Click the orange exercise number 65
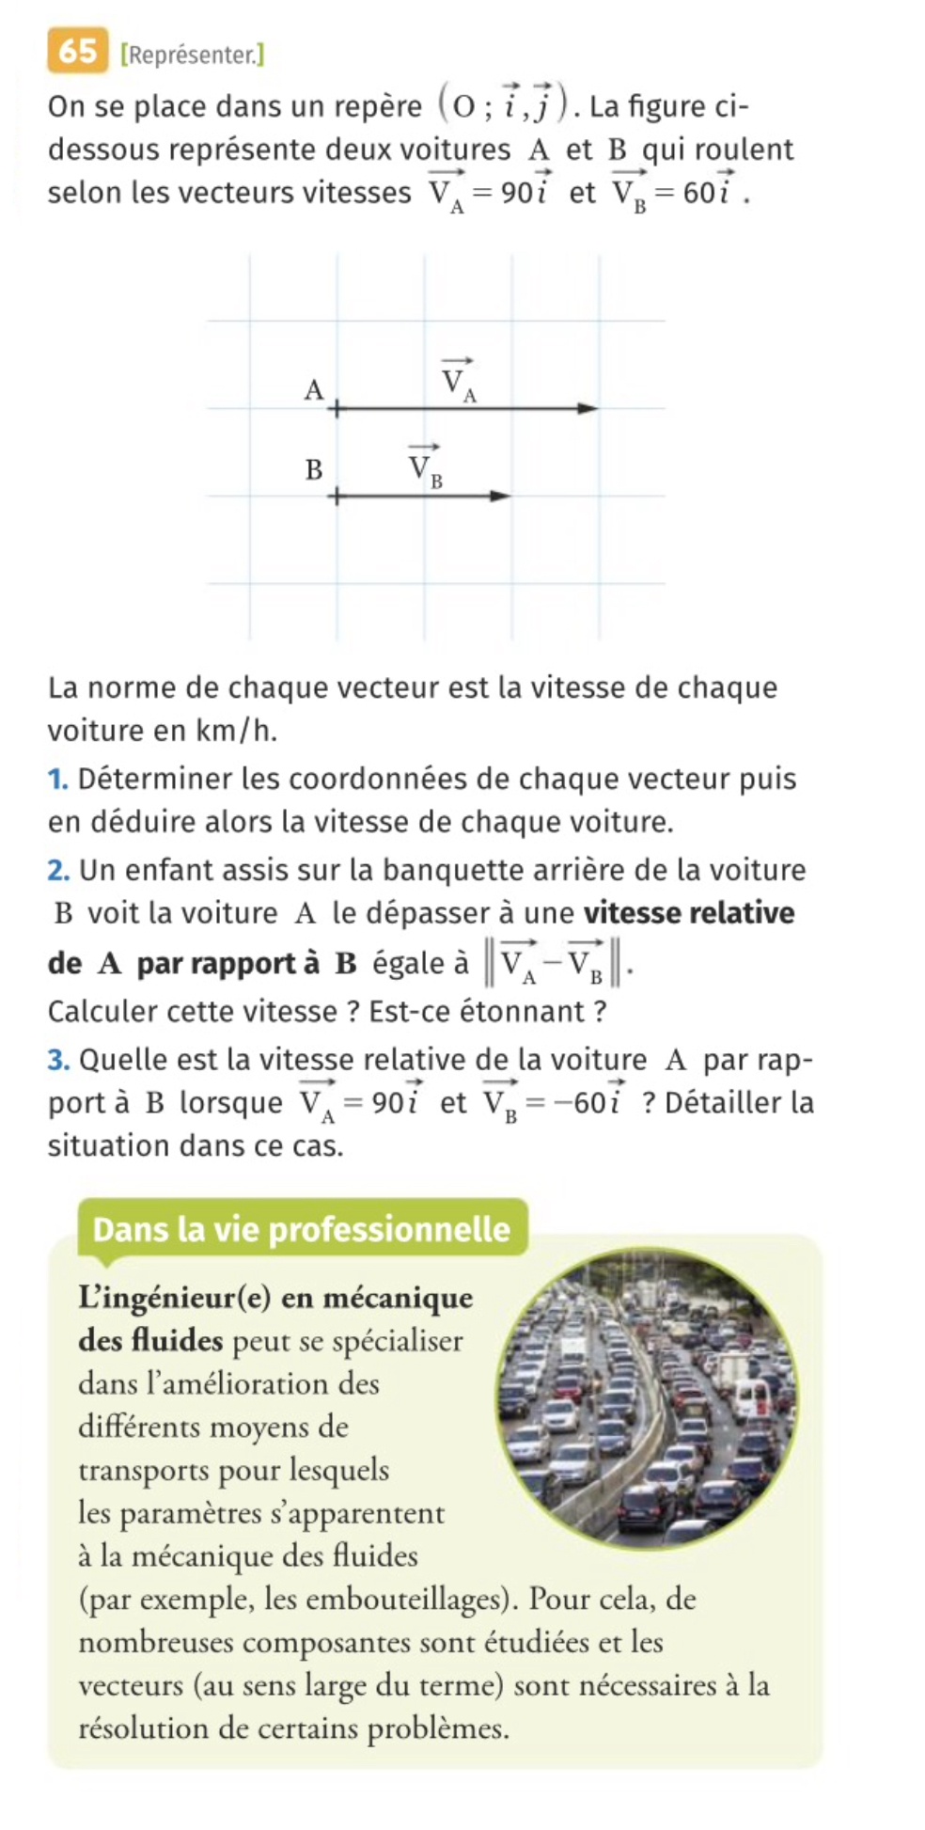click(76, 52)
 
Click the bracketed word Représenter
click(193, 55)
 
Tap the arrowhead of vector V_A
click(588, 408)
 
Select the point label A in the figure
click(313, 388)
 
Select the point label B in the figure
click(313, 468)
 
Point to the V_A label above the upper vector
click(459, 380)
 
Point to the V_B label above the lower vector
click(425, 465)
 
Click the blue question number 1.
click(58, 779)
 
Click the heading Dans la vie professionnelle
click(301, 1229)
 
